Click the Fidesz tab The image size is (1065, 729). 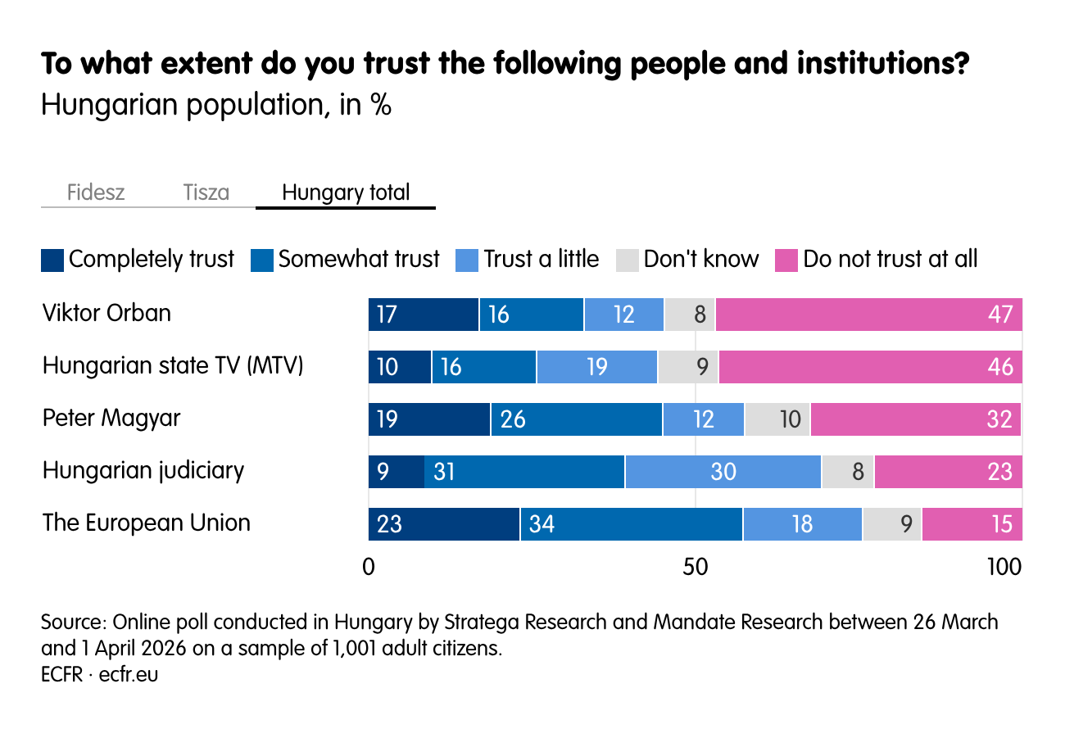(96, 193)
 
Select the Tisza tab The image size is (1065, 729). (206, 193)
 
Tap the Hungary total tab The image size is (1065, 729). (345, 193)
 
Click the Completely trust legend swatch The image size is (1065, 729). (52, 260)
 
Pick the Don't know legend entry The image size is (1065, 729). (700, 260)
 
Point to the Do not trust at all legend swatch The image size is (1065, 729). (786, 260)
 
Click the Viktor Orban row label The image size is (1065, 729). (106, 313)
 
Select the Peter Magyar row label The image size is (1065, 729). (111, 418)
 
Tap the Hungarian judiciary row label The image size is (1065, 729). (143, 471)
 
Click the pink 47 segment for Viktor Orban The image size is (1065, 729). (868, 315)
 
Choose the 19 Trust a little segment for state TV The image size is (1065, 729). (596, 367)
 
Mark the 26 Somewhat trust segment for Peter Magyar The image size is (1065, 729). (576, 419)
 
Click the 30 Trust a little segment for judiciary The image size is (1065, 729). (723, 472)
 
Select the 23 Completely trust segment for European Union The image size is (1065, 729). (443, 524)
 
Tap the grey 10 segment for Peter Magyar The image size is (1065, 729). (777, 419)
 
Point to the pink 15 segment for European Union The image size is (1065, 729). (972, 524)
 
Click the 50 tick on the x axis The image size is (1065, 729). (695, 567)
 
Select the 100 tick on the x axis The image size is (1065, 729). (1004, 567)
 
